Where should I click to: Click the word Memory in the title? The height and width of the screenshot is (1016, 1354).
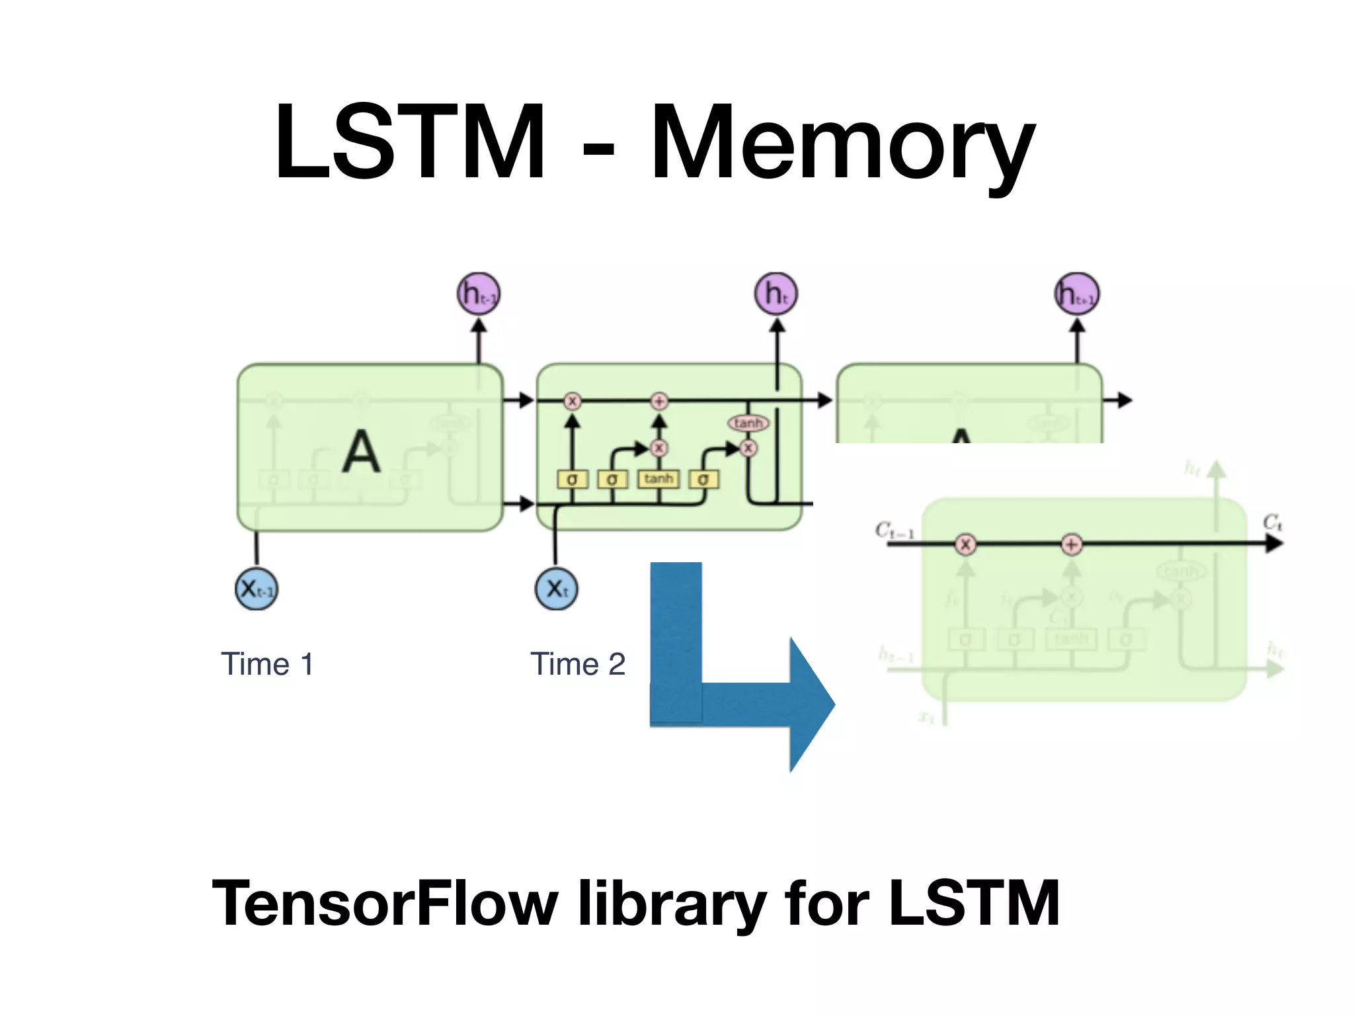(842, 144)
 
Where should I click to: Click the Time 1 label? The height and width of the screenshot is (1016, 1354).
(267, 664)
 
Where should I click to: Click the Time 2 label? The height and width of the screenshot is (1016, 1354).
(578, 664)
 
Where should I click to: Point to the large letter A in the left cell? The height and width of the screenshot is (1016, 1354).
(361, 452)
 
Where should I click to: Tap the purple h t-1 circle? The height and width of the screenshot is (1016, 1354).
(479, 294)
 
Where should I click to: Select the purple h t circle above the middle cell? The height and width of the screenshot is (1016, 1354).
(776, 294)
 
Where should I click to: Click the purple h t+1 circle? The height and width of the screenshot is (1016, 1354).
(1077, 294)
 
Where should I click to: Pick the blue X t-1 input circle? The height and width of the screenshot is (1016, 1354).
(257, 588)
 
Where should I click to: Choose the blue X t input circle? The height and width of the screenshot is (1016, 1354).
(556, 588)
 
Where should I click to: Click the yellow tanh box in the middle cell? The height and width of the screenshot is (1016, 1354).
(658, 478)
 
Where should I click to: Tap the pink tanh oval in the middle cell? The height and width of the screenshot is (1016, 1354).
(748, 423)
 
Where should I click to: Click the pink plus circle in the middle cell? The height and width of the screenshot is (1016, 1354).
(659, 401)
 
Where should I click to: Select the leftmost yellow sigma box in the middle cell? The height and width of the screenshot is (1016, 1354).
(573, 479)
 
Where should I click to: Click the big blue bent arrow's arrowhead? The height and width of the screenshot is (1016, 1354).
(812, 704)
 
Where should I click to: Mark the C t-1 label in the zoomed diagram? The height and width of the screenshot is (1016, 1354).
(895, 530)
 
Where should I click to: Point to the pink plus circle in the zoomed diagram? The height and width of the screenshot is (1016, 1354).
(1072, 544)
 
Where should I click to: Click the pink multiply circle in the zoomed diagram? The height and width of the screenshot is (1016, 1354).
(966, 544)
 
